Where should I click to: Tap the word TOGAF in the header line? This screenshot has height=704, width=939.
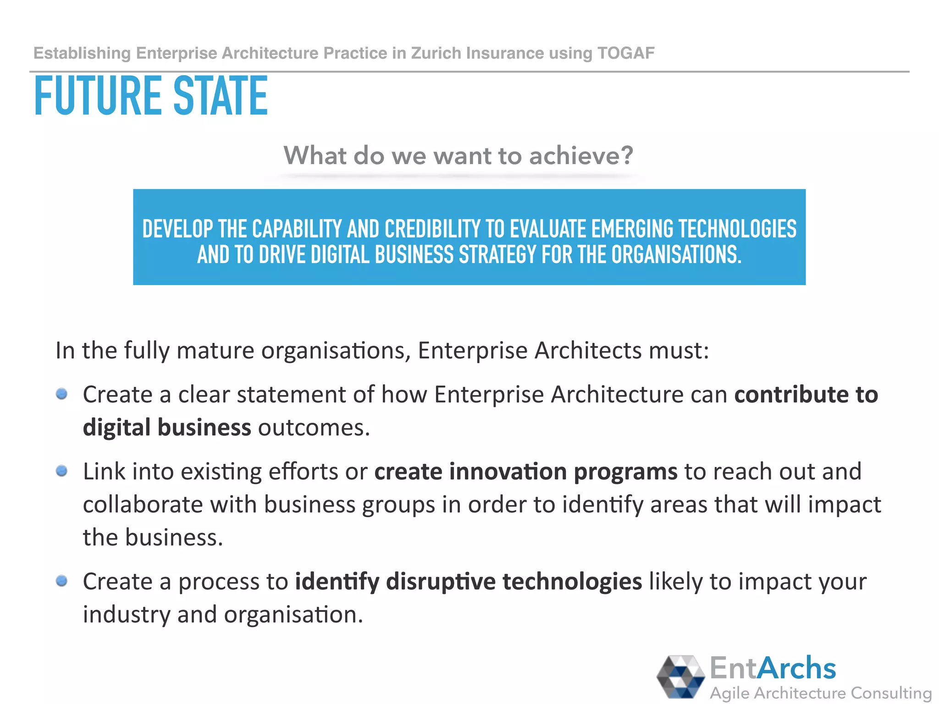click(x=626, y=53)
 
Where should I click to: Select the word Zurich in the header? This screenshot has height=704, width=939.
click(x=436, y=53)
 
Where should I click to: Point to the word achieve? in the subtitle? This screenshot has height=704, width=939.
click(x=581, y=155)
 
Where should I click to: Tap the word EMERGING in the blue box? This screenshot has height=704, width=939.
click(x=633, y=229)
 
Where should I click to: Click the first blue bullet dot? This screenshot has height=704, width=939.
click(x=62, y=394)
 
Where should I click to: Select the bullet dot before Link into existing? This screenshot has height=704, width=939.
click(x=62, y=471)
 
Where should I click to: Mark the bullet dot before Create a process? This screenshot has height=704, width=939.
click(x=62, y=581)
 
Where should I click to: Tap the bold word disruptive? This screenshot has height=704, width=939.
click(x=441, y=582)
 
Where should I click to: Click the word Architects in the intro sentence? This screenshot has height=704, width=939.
click(x=588, y=351)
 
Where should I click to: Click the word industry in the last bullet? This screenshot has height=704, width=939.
click(x=127, y=615)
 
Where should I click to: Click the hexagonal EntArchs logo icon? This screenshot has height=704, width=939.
click(x=680, y=677)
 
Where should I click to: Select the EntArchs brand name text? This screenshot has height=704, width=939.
click(x=773, y=668)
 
